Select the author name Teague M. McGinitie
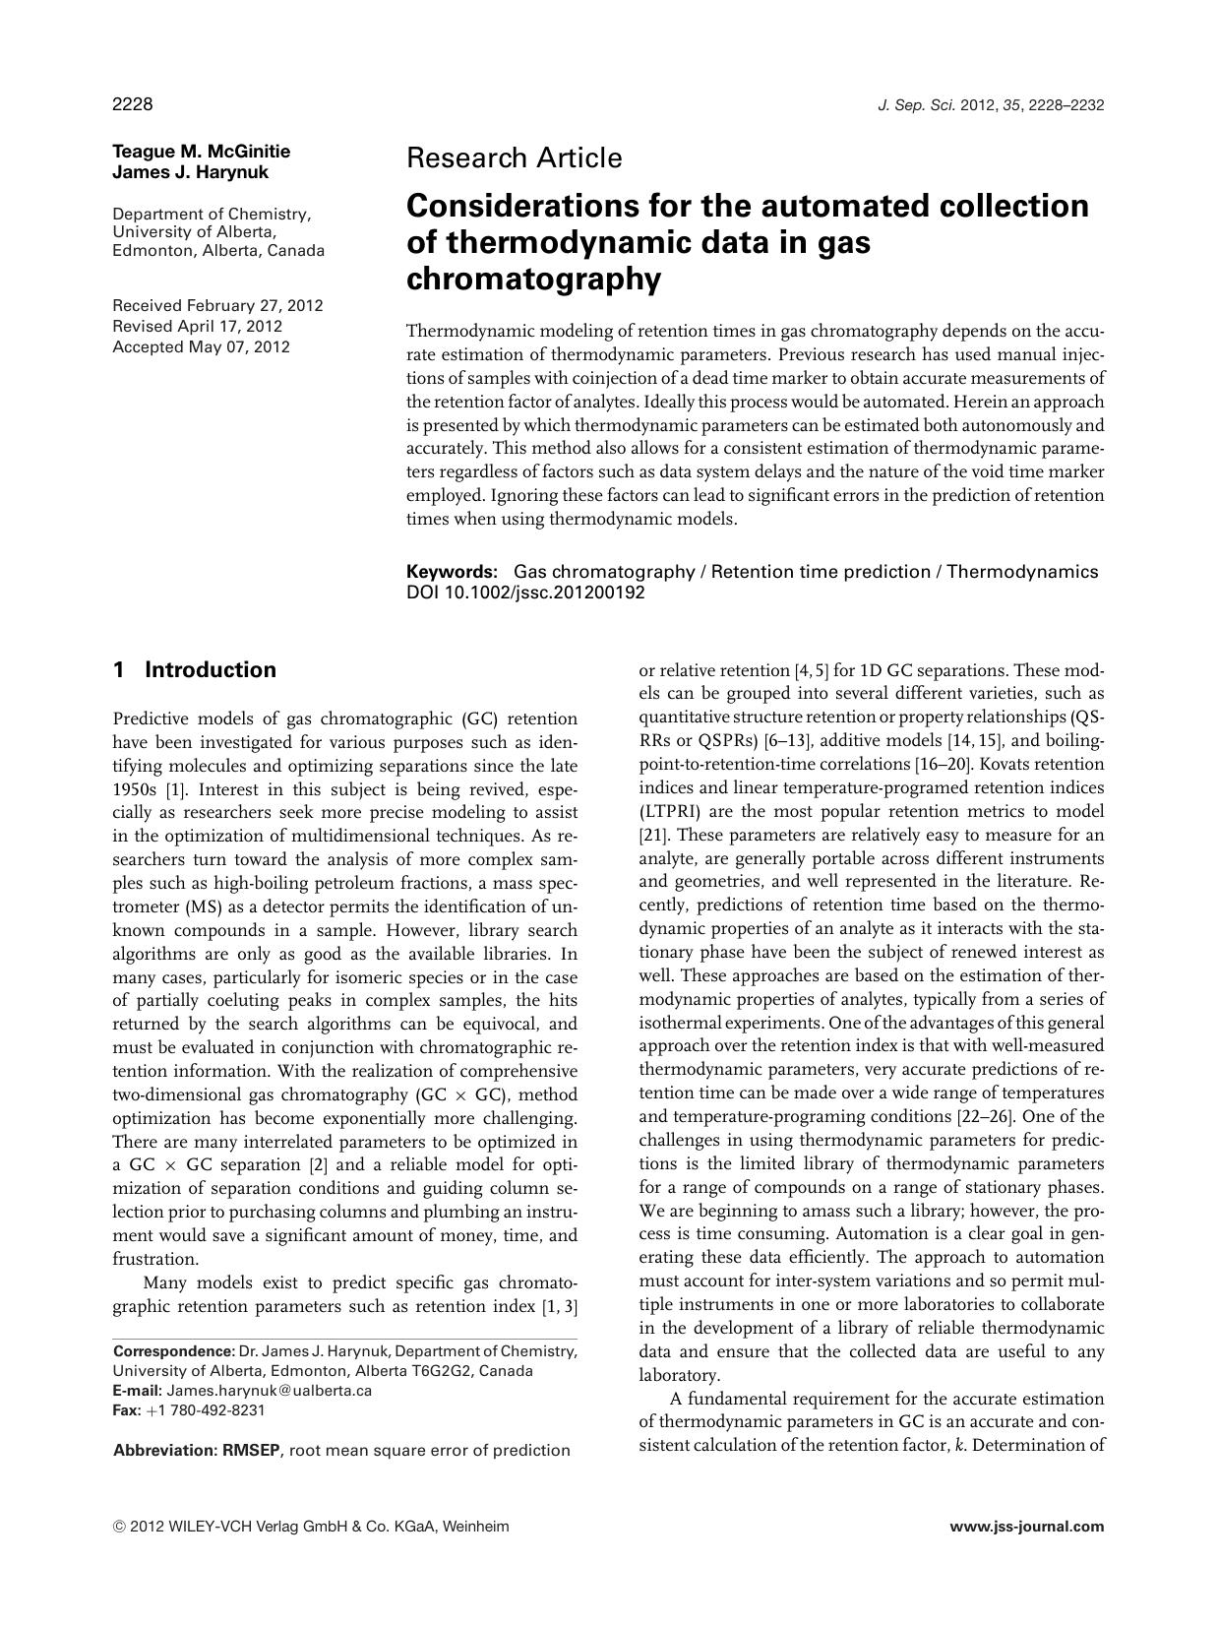click(202, 152)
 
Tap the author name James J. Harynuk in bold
click(191, 172)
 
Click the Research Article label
click(514, 157)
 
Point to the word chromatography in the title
click(533, 280)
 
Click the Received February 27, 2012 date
click(217, 305)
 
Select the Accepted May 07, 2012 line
click(201, 346)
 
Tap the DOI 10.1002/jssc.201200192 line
click(525, 593)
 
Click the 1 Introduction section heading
click(195, 670)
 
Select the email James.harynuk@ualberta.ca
click(269, 1391)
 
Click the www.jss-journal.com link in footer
click(1026, 1527)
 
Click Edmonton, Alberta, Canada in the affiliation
click(218, 251)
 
